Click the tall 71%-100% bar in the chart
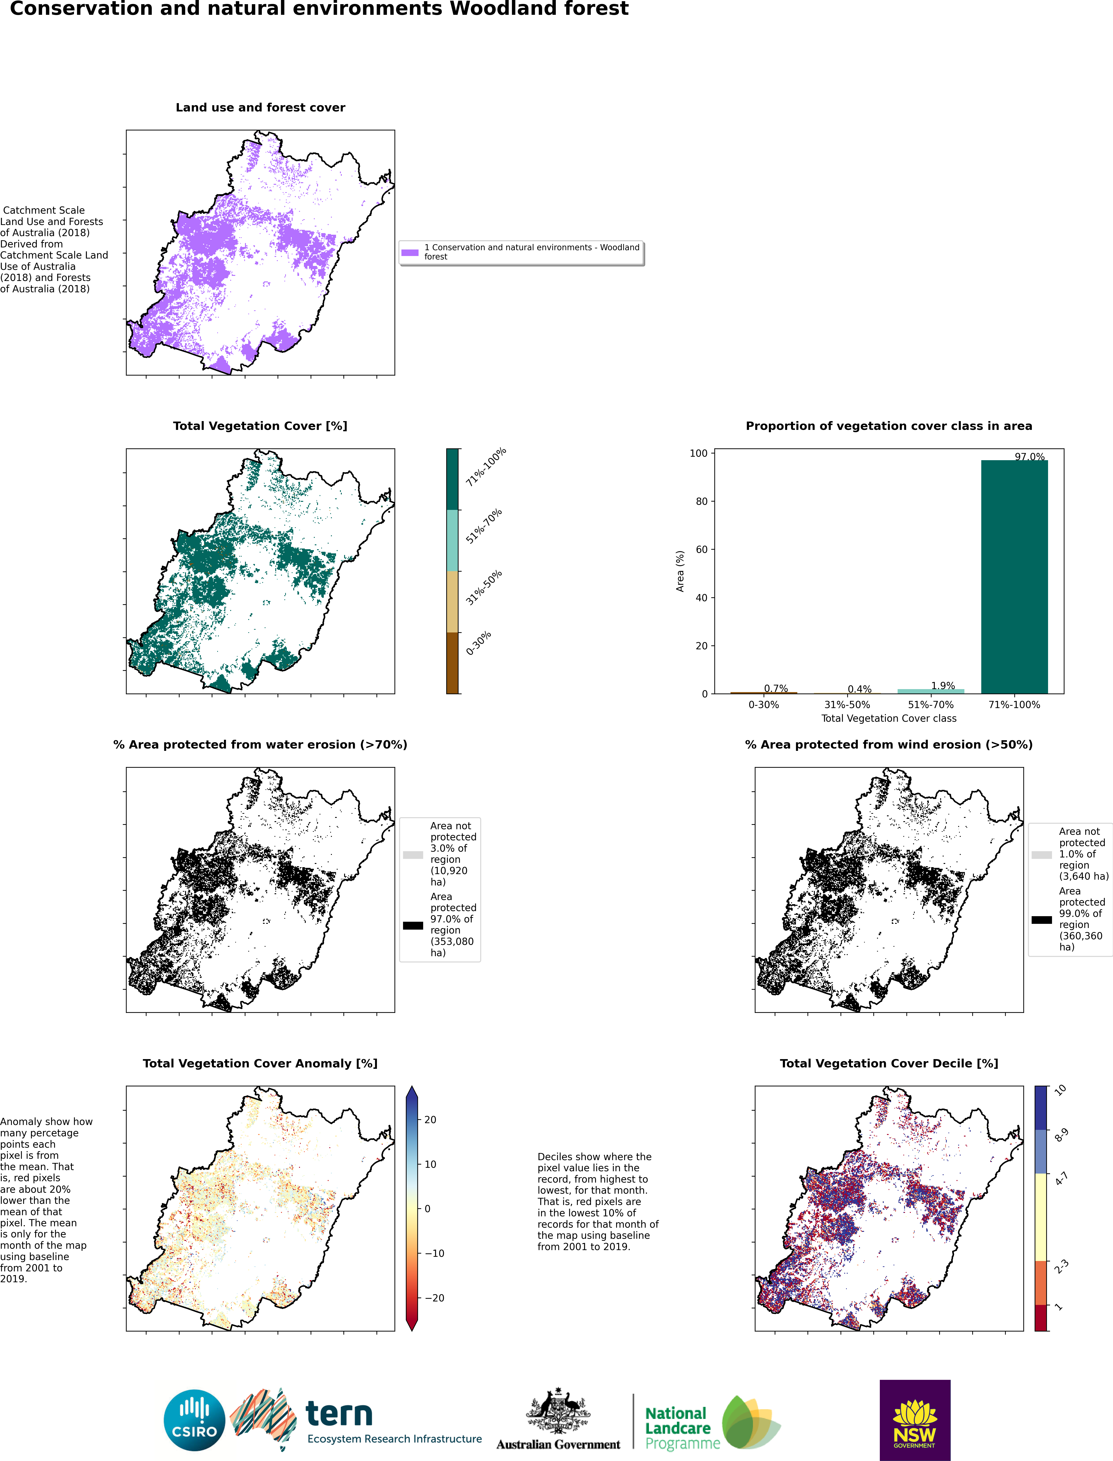click(x=1014, y=577)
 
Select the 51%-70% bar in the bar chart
click(x=931, y=691)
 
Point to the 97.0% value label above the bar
click(x=1030, y=457)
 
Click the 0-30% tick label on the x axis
click(x=764, y=705)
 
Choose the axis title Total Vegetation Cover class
click(x=889, y=718)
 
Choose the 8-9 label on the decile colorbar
click(x=1061, y=1135)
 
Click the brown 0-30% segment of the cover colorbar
click(x=453, y=663)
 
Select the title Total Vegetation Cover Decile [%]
click(x=889, y=1063)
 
